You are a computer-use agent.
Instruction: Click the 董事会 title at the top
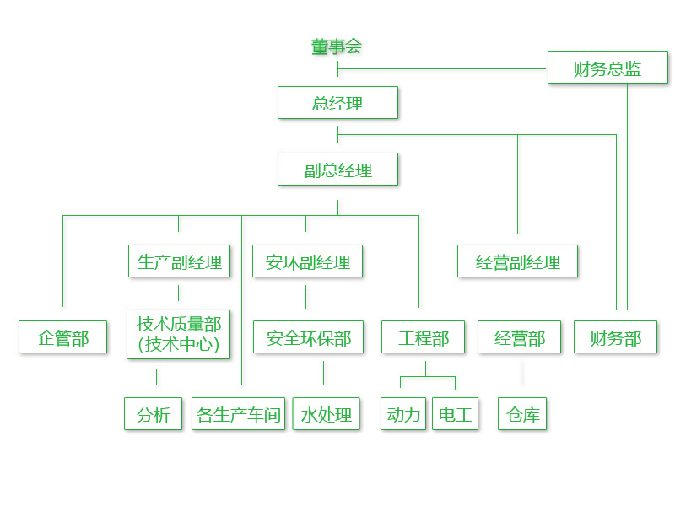point(337,46)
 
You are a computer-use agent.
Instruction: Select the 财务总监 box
point(607,68)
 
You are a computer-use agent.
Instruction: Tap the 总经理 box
point(337,103)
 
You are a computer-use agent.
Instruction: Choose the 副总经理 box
point(337,169)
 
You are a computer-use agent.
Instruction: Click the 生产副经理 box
point(179,261)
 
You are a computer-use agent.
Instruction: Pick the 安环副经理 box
point(307,261)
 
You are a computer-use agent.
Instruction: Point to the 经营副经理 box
point(517,261)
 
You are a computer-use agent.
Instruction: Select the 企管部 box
point(63,337)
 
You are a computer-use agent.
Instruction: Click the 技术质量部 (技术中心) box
point(179,334)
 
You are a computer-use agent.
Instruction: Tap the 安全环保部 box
point(308,337)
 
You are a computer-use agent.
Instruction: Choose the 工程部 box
point(424,337)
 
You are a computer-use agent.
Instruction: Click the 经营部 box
point(520,337)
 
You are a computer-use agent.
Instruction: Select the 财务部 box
point(616,337)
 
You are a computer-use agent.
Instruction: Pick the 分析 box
point(154,414)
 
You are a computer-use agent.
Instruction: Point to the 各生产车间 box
point(238,414)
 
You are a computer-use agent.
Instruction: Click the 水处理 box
point(327,414)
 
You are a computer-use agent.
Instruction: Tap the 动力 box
point(403,414)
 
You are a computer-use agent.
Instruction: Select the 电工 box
point(455,414)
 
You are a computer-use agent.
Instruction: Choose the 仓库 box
point(522,414)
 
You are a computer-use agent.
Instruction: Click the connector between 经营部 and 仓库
point(521,373)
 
